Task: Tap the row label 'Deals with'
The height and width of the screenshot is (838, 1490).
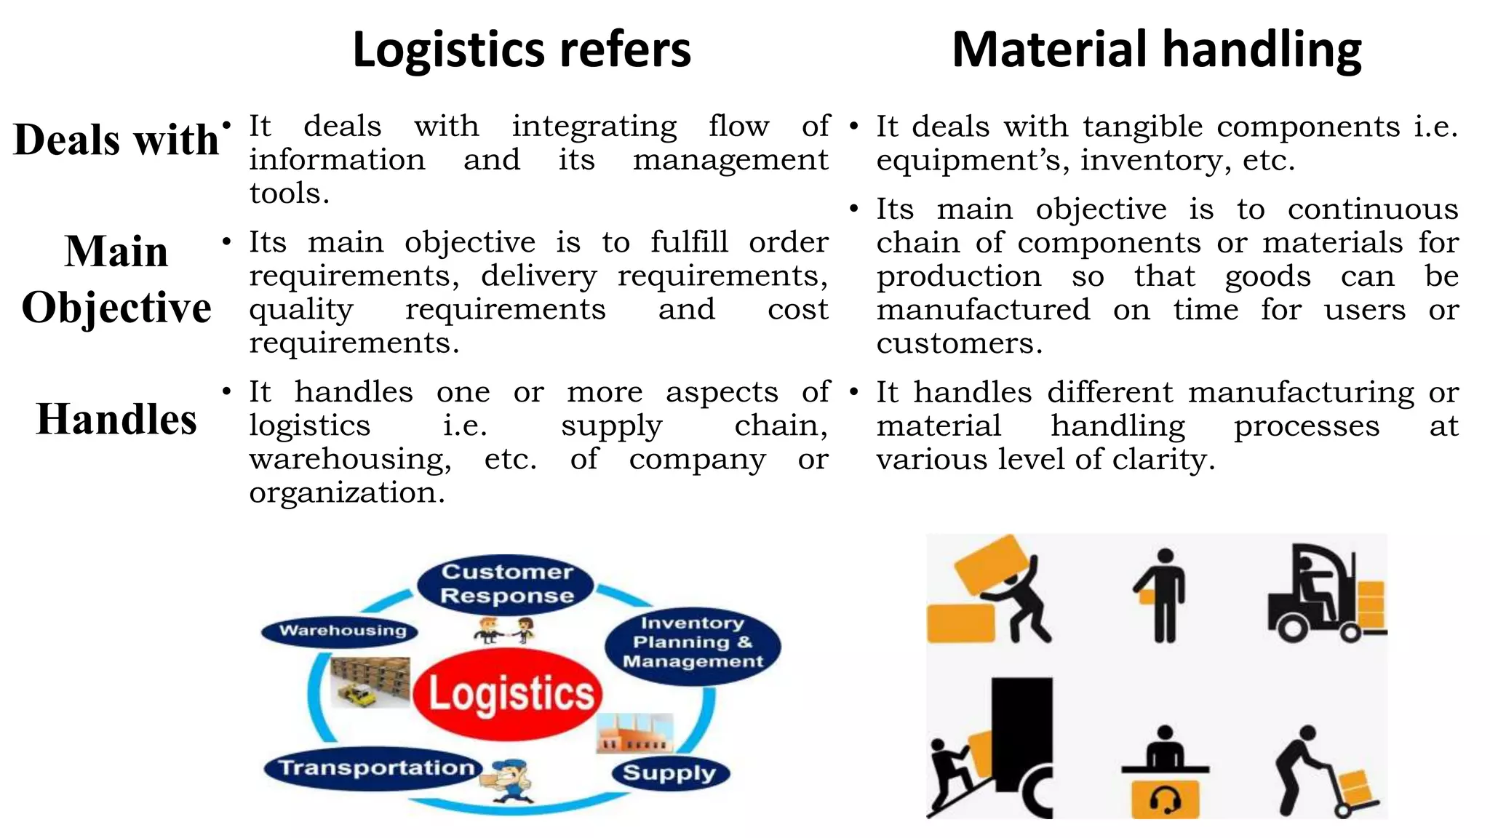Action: pyautogui.click(x=116, y=139)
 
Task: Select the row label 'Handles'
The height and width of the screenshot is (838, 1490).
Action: pyautogui.click(x=116, y=419)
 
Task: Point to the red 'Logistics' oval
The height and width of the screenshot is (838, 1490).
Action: pyautogui.click(x=509, y=693)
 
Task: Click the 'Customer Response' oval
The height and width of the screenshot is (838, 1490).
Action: pyautogui.click(x=506, y=583)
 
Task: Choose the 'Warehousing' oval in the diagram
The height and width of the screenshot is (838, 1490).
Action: pyautogui.click(x=341, y=631)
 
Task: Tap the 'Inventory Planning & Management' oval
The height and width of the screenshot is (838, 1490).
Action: pyautogui.click(x=693, y=643)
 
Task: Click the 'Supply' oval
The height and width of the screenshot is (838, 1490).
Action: pyautogui.click(x=669, y=773)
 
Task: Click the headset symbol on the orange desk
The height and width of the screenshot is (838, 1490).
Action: pyautogui.click(x=1165, y=800)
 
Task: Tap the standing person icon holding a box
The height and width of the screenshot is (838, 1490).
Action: pyautogui.click(x=1163, y=595)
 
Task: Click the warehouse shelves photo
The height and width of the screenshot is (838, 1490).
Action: pyautogui.click(x=370, y=682)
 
